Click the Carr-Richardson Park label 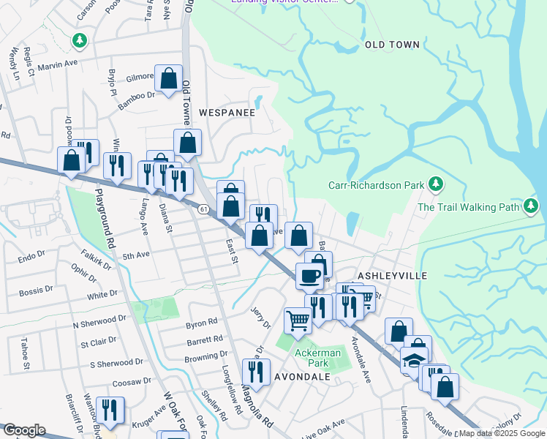pyautogui.click(x=376, y=185)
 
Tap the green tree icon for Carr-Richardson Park pyautogui.click(x=436, y=184)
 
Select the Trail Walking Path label pyautogui.click(x=468, y=207)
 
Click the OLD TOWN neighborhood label pyautogui.click(x=392, y=45)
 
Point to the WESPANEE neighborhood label pyautogui.click(x=227, y=113)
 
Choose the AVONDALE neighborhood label pyautogui.click(x=302, y=376)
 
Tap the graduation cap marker pyautogui.click(x=415, y=361)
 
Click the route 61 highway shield pyautogui.click(x=203, y=209)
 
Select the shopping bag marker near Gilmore pyautogui.click(x=168, y=79)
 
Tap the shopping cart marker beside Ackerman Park pyautogui.click(x=298, y=320)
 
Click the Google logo pyautogui.click(x=24, y=430)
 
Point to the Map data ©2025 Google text pyautogui.click(x=502, y=433)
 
